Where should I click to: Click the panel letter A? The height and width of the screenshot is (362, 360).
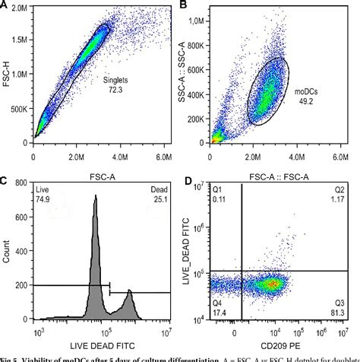pos(5,7)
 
